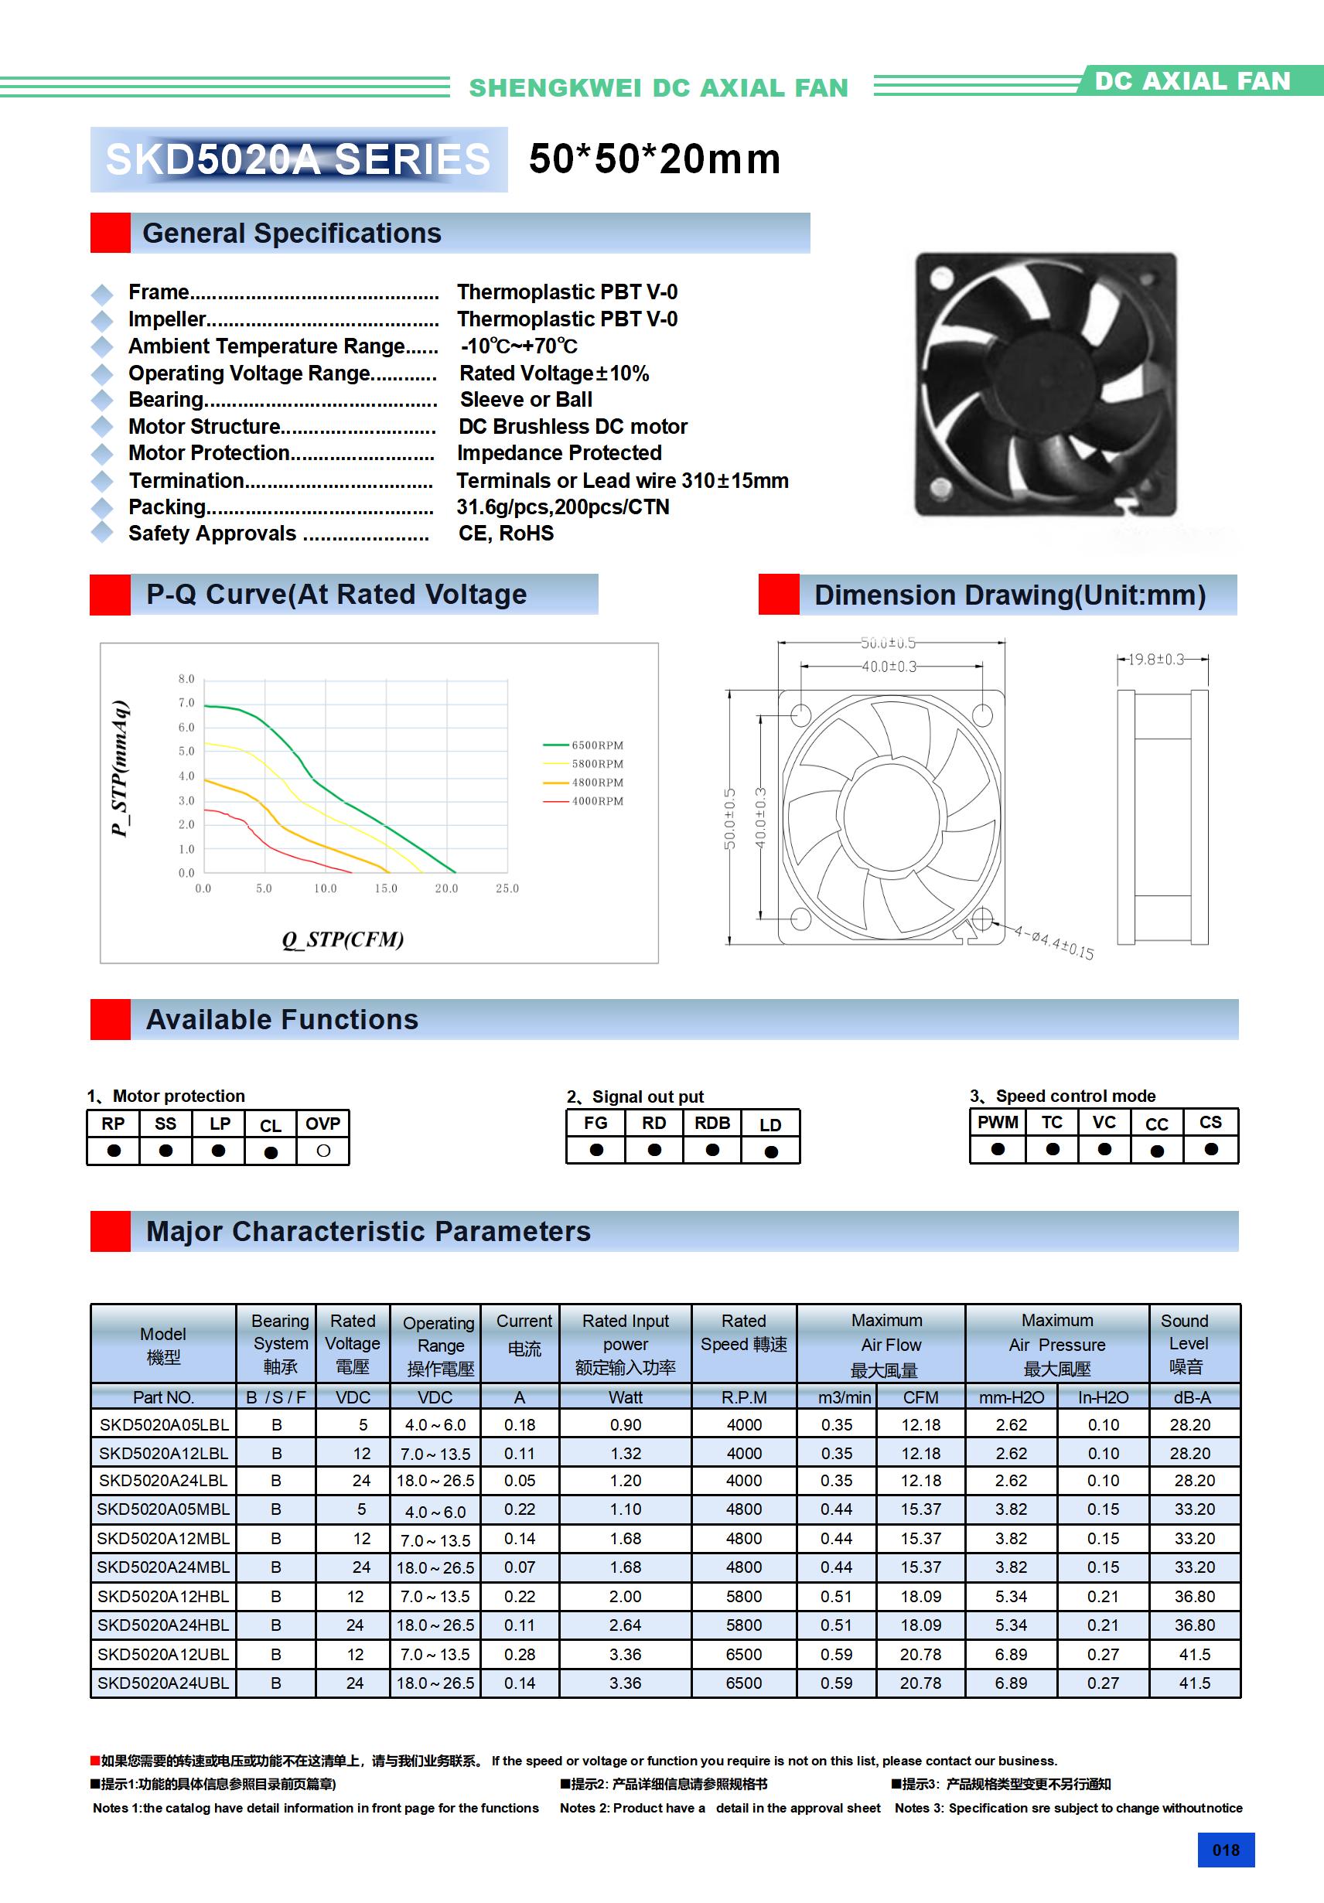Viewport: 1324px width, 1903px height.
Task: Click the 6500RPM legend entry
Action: click(x=597, y=745)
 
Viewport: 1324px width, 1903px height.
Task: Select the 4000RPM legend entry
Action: click(x=597, y=800)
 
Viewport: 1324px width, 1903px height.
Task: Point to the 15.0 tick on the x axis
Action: click(x=385, y=888)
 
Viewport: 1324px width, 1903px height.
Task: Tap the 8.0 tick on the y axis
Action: click(x=186, y=679)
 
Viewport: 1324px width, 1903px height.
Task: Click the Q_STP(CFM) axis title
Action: click(x=343, y=939)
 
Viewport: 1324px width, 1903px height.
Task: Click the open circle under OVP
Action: click(x=323, y=1151)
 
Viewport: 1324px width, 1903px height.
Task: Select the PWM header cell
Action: click(x=998, y=1122)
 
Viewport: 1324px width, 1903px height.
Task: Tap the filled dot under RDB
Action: click(x=712, y=1150)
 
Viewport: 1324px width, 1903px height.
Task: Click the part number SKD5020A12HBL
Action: click(x=162, y=1595)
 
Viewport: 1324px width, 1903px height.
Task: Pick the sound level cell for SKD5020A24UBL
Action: click(x=1195, y=1683)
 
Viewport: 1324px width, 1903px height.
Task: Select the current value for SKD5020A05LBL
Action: click(x=520, y=1425)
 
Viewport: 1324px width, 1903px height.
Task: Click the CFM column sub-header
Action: click(x=920, y=1397)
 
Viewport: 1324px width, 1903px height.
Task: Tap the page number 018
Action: click(x=1225, y=1850)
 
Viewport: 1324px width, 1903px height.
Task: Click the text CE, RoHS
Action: click(x=506, y=534)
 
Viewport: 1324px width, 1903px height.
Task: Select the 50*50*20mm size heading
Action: click(x=654, y=159)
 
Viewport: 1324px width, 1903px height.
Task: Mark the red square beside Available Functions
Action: click(x=111, y=1019)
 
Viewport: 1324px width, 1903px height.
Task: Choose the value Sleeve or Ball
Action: click(x=526, y=400)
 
